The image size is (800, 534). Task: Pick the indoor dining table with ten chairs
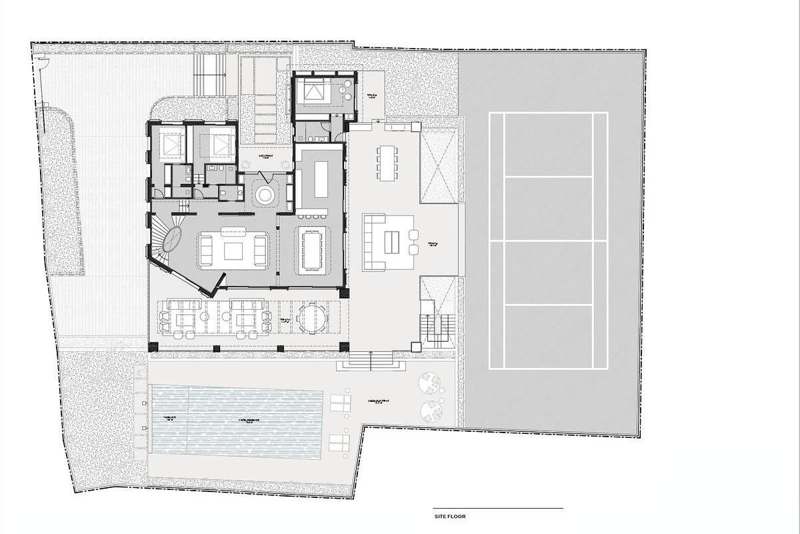[x=311, y=250]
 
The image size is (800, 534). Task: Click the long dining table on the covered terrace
[x=387, y=162]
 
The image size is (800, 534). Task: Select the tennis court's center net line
[x=548, y=241]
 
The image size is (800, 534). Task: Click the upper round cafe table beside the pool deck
[x=431, y=384]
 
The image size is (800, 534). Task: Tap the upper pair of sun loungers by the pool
[x=340, y=403]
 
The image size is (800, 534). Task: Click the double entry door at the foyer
[x=267, y=178]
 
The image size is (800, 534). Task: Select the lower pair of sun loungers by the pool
[x=340, y=441]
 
